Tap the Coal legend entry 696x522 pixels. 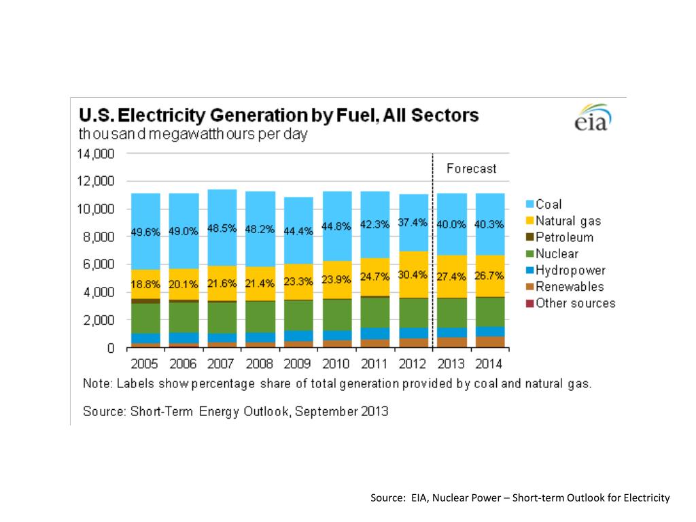548,204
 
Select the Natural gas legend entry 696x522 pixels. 568,221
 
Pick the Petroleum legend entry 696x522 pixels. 563,237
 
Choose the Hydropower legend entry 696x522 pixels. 570,271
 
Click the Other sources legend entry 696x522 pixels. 574,303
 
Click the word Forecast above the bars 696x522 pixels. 471,169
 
